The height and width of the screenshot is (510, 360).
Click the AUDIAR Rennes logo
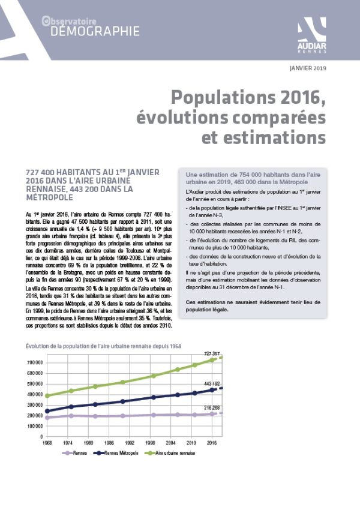[312, 35]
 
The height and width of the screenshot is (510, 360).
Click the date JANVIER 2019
[308, 68]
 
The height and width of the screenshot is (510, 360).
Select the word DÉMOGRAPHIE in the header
[95, 32]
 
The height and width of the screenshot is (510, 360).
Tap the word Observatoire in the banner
[69, 21]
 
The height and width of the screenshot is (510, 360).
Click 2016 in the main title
[299, 97]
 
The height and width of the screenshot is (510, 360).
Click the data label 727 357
[212, 353]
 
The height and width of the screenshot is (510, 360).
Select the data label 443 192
[212, 384]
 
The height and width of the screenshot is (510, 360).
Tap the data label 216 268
[212, 407]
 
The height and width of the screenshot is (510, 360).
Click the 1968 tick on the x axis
[47, 443]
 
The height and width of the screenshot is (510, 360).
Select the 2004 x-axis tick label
[171, 443]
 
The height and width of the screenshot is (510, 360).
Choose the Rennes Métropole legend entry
[116, 453]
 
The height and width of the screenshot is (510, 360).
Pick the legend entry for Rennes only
[74, 453]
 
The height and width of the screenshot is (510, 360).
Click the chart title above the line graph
[103, 346]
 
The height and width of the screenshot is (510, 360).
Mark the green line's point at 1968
[47, 396]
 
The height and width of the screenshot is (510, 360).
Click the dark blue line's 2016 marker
[212, 390]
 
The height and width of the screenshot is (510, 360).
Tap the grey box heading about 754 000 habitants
[253, 178]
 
